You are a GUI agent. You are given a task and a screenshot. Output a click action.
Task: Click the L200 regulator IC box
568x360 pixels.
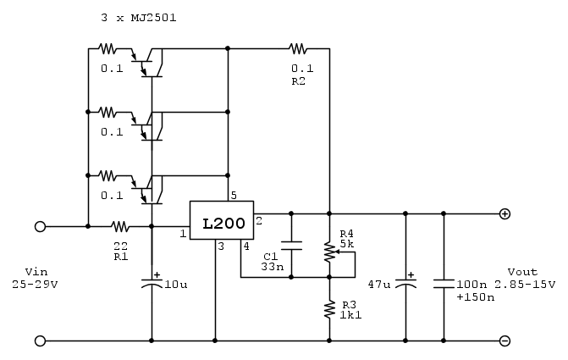pyautogui.click(x=223, y=224)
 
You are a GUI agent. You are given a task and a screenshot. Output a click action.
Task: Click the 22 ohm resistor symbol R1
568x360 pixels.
pyautogui.click(x=120, y=227)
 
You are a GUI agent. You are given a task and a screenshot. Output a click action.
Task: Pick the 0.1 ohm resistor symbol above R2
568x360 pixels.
pyautogui.click(x=297, y=48)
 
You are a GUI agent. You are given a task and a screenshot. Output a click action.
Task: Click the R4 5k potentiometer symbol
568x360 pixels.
pyautogui.click(x=329, y=252)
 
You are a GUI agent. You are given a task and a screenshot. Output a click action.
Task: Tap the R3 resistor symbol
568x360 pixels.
pyautogui.click(x=329, y=310)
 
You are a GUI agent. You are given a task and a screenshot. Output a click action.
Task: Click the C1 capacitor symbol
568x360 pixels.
pyautogui.click(x=290, y=246)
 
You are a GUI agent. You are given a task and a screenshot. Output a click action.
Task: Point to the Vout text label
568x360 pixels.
pyautogui.click(x=523, y=272)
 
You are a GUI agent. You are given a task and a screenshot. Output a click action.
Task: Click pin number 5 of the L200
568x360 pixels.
pyautogui.click(x=234, y=195)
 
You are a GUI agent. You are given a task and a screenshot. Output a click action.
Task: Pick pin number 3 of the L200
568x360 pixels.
pyautogui.click(x=220, y=246)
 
